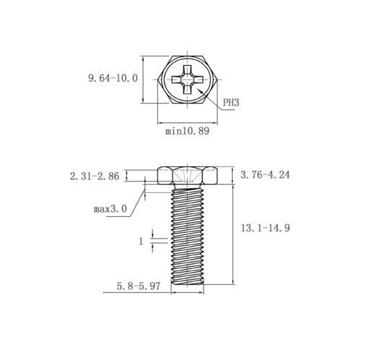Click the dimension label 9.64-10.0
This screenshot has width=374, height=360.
point(113,78)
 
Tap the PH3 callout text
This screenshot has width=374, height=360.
point(231,103)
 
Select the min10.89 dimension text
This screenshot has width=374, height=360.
point(187,131)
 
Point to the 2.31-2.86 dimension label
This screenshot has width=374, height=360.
point(95,176)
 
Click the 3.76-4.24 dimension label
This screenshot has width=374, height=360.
point(265,175)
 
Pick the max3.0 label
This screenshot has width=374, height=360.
point(110,209)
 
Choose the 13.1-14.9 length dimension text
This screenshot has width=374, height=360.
point(266,228)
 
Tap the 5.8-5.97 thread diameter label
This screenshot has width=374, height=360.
point(139,286)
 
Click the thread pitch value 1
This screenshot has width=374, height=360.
point(141,241)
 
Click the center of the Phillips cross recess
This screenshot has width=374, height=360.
point(187,80)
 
